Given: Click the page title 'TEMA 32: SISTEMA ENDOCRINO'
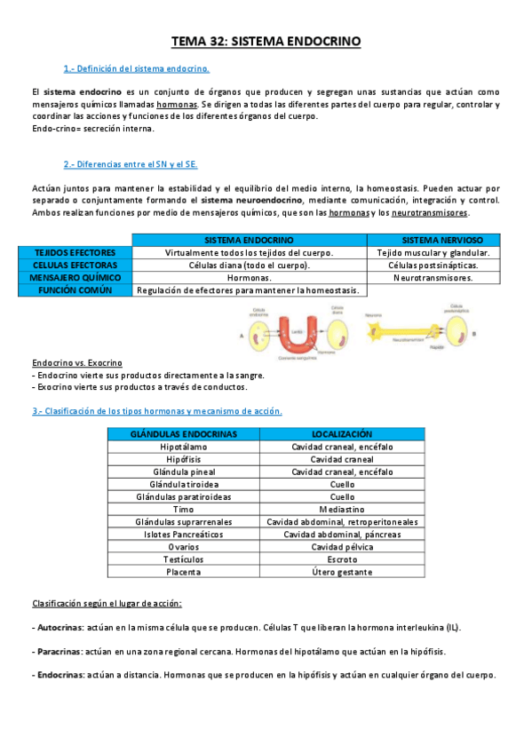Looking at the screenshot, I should pos(266,42).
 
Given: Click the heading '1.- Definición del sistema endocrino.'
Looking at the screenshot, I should pos(137,68).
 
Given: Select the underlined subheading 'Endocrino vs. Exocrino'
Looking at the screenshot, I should pos(76,363).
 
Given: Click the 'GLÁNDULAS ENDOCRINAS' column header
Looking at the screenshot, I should pos(184,433).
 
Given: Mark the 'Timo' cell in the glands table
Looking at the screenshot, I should pos(184,510).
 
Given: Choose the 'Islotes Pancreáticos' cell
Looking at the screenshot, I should pos(184,535).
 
